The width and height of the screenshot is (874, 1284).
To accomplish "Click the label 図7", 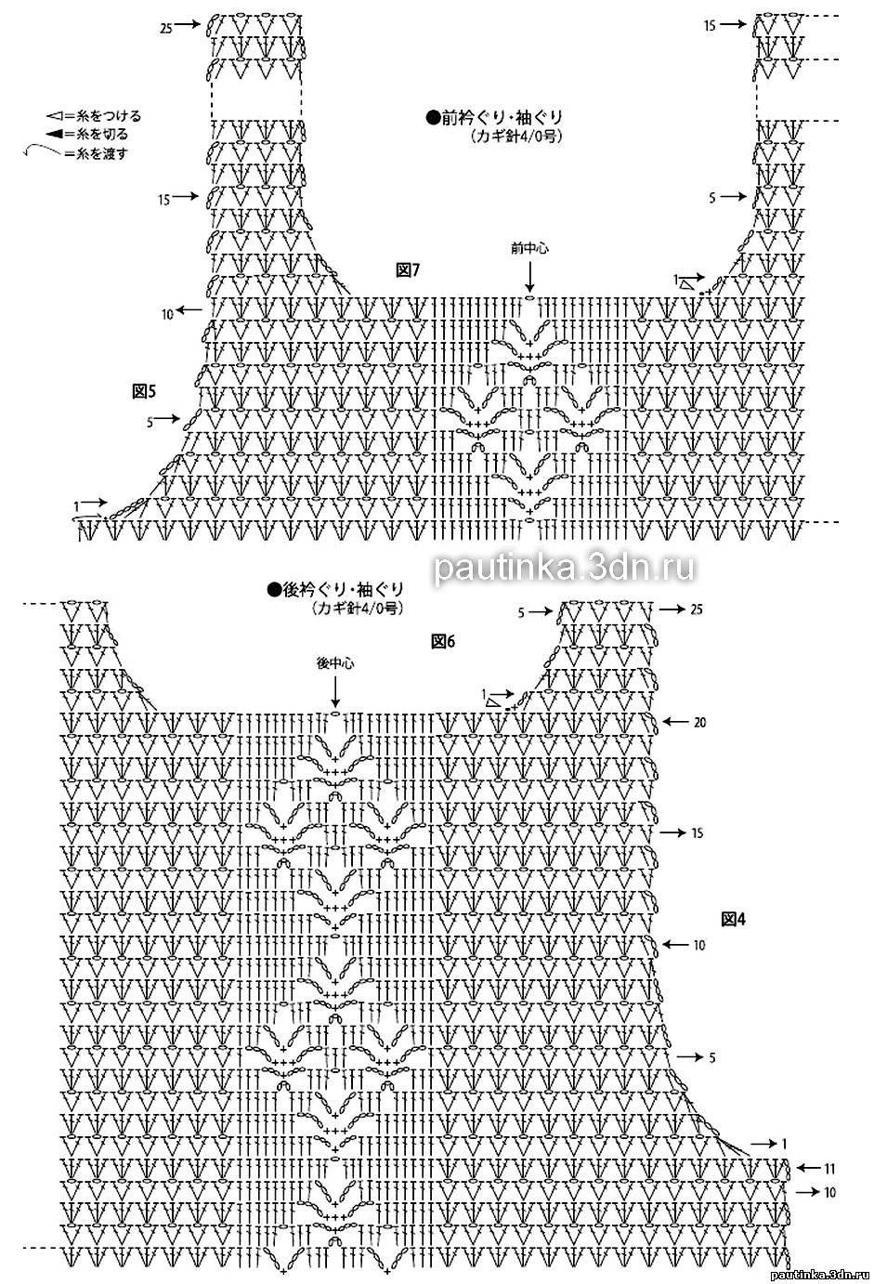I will point(409,270).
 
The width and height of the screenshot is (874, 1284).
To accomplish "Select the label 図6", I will point(442,641).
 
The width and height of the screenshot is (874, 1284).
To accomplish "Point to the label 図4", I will point(734,919).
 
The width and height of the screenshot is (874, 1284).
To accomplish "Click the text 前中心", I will point(529,248).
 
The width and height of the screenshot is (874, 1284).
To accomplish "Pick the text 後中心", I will point(335,663).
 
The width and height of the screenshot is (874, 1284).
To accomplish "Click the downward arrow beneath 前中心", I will point(529,276).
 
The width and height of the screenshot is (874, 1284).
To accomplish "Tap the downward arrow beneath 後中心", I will point(335,692).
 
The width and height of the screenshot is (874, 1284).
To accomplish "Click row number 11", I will point(829,1168).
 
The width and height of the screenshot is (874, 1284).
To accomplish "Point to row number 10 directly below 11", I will point(829,1191).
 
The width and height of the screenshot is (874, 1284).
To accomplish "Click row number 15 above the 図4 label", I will point(697,833).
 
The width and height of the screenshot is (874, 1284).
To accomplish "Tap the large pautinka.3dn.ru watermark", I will point(564,567).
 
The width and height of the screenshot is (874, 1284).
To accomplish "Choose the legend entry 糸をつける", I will point(95,116).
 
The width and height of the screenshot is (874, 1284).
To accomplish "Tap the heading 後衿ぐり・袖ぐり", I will point(335,588).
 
